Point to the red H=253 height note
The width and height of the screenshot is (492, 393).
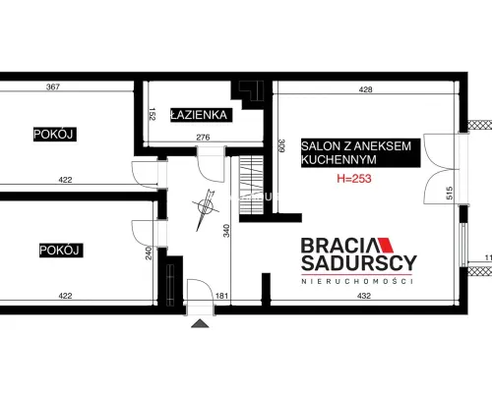pos(354,179)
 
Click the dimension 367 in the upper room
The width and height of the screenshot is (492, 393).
pos(53,86)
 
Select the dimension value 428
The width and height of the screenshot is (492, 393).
pos(365,89)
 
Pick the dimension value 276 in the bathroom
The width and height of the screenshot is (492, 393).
pos(203,138)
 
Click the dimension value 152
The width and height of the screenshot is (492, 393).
pos(152,114)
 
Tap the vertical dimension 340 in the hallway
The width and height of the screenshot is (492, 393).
pos(226,231)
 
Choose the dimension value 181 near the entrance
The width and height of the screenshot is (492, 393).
pos(221,296)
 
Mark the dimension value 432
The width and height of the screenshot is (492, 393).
pos(364,296)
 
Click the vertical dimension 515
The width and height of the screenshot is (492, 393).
pos(450,193)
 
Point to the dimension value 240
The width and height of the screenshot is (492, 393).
pos(149,253)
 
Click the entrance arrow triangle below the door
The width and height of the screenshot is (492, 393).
pos(200,323)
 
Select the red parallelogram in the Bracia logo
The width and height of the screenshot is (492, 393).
pos(386,245)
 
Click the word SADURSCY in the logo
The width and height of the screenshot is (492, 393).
pos(359,263)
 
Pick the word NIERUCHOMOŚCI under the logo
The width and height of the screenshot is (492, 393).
pos(357,281)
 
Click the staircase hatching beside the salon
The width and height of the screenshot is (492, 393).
pos(251,185)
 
